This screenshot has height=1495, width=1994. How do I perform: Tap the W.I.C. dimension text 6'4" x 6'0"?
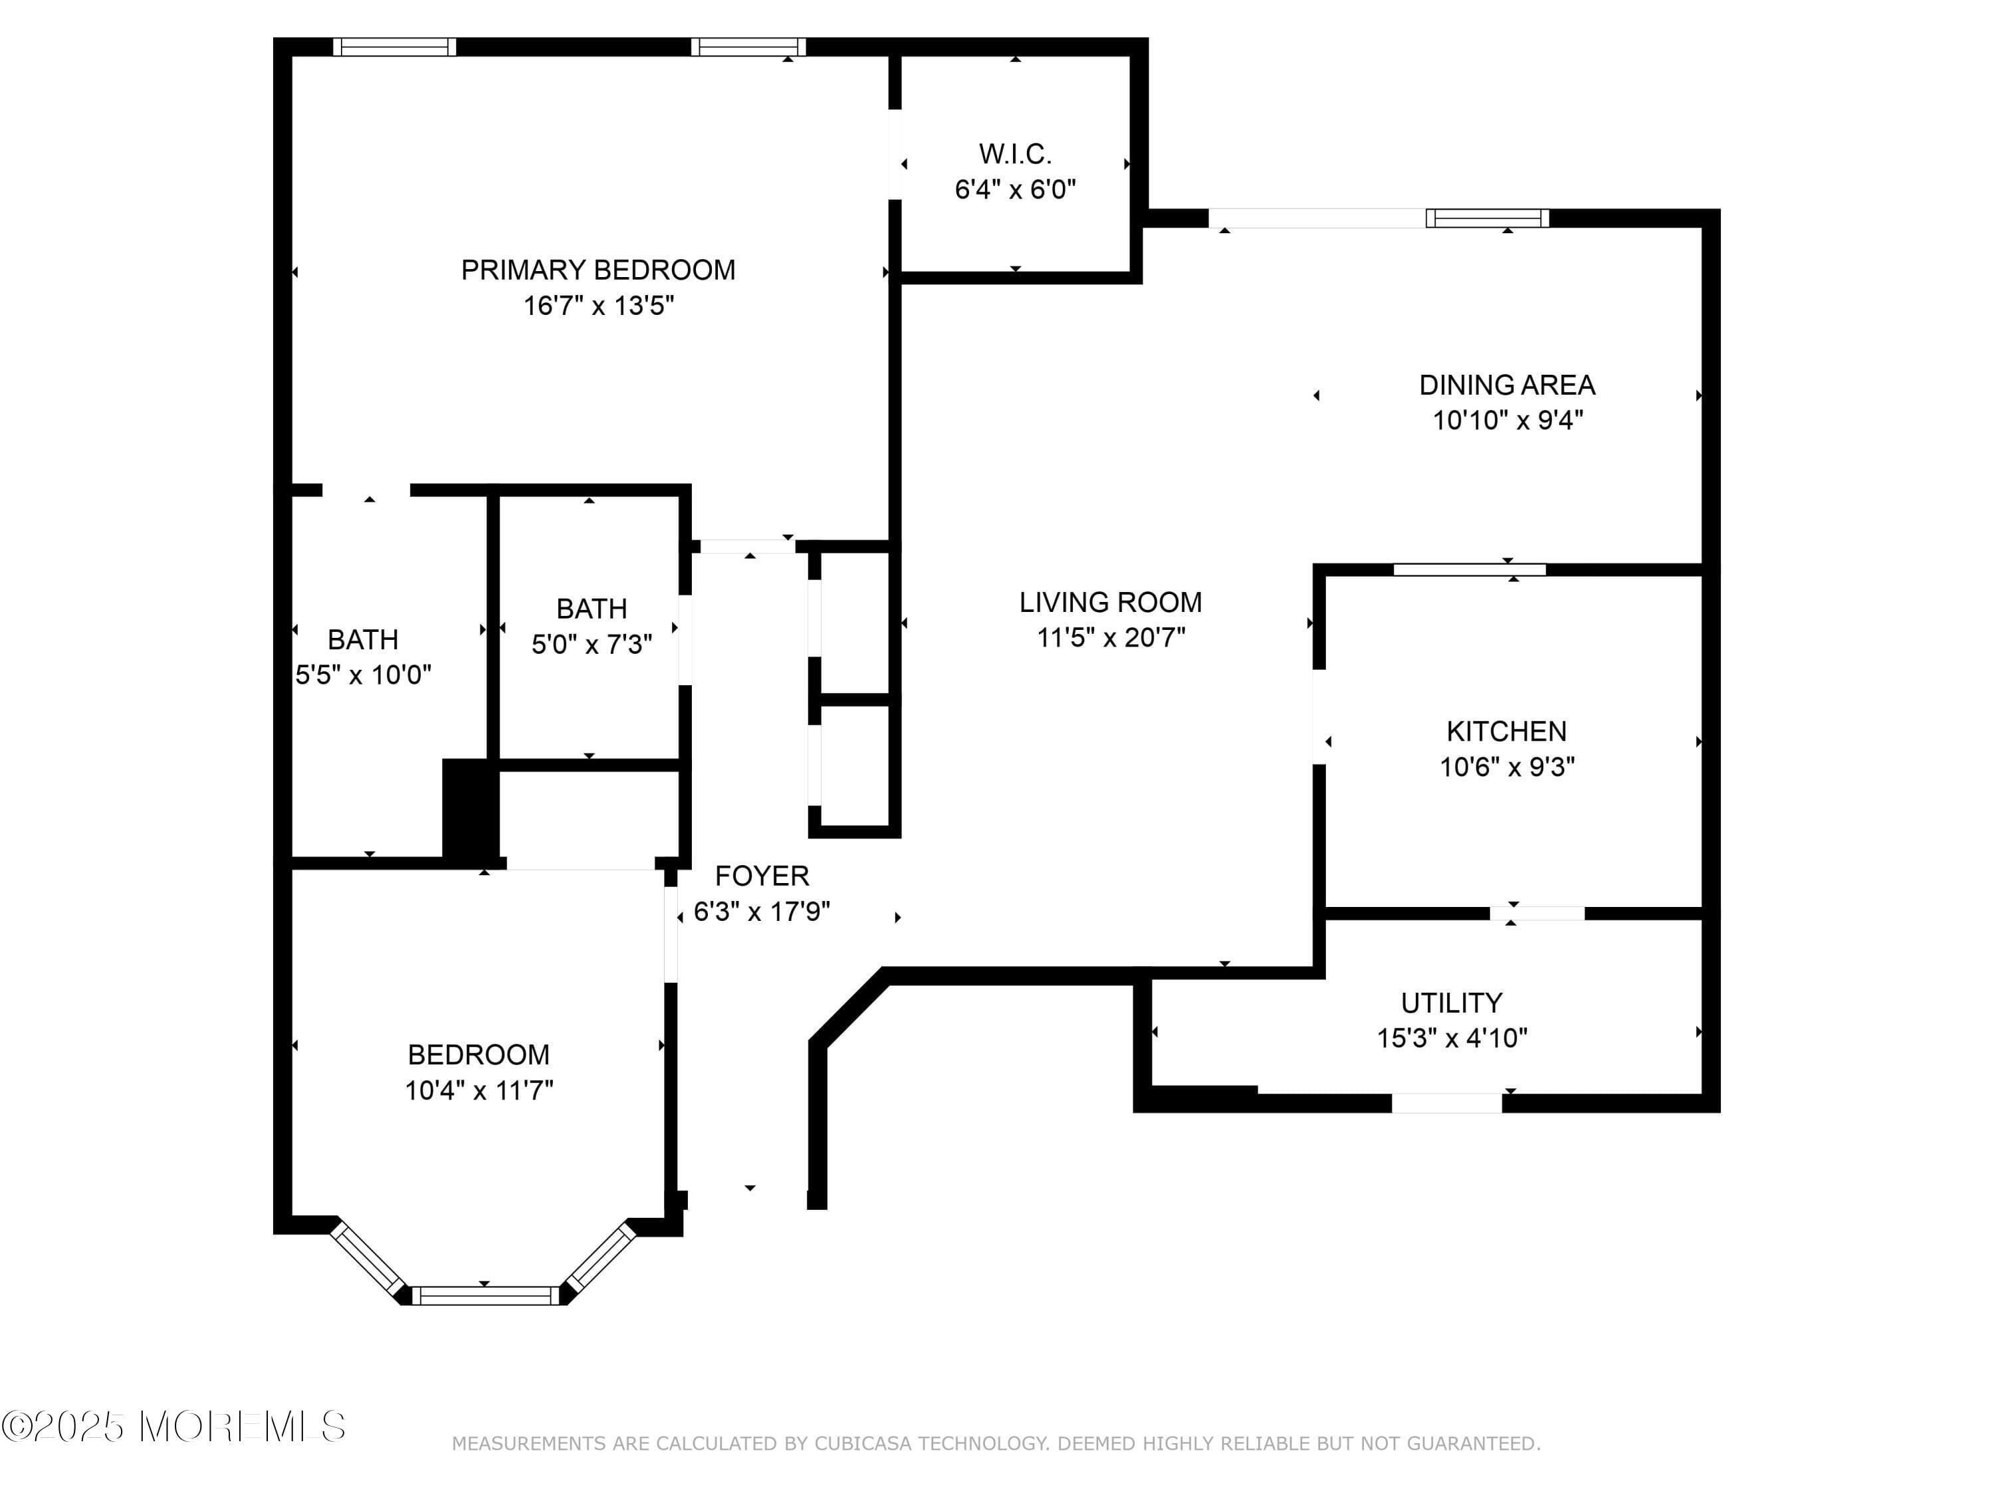1015,190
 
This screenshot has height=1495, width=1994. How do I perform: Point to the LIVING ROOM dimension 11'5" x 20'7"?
1111,638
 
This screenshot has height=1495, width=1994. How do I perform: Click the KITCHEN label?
1506,731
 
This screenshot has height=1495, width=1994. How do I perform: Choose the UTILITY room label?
1452,1003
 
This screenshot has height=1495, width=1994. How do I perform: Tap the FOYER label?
762,876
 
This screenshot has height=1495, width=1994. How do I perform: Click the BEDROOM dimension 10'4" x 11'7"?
479,1090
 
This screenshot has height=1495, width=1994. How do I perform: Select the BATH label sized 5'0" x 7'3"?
592,609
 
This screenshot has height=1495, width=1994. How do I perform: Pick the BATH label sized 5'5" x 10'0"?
362,640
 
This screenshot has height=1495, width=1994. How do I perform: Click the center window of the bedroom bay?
486,1296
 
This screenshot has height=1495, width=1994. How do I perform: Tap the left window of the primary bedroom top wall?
394,47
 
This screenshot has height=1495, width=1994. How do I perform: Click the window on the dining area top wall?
1488,218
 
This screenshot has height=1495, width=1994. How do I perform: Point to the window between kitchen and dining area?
1470,569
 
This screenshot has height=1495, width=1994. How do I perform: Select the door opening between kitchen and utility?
1537,914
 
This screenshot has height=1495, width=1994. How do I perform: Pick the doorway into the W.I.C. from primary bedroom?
895,154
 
